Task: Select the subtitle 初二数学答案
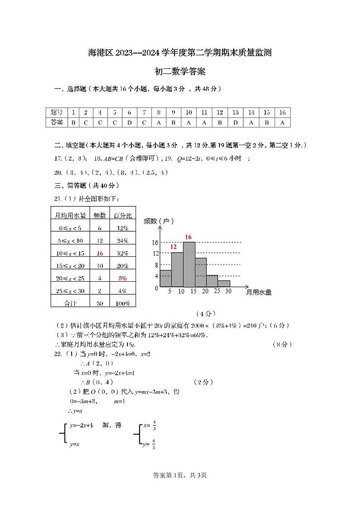[180, 72]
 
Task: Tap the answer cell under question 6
[129, 122]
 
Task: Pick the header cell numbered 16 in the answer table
[282, 113]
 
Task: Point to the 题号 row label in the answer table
[57, 113]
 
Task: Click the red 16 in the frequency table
[100, 253]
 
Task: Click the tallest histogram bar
[189, 264]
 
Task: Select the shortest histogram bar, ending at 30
[224, 284]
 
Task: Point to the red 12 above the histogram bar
[173, 247]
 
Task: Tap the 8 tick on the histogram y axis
[156, 265]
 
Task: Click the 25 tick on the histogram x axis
[217, 291]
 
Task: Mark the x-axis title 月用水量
[259, 293]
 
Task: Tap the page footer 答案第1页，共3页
[180, 475]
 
